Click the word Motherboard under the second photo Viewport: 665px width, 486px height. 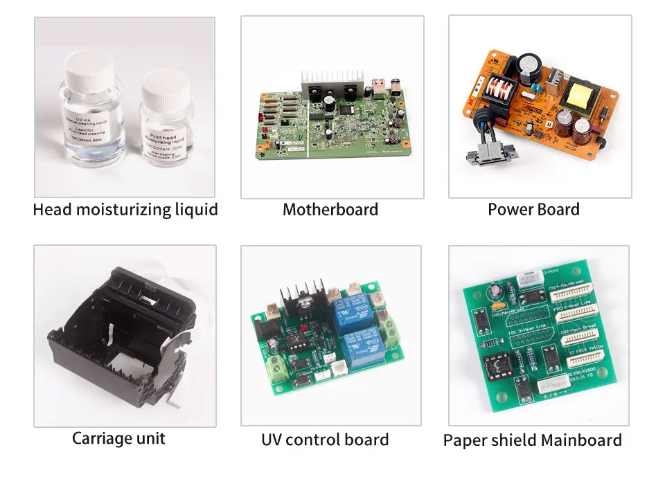(x=330, y=210)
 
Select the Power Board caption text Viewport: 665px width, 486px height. (x=533, y=210)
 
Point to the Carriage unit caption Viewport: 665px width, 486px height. (x=118, y=438)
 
